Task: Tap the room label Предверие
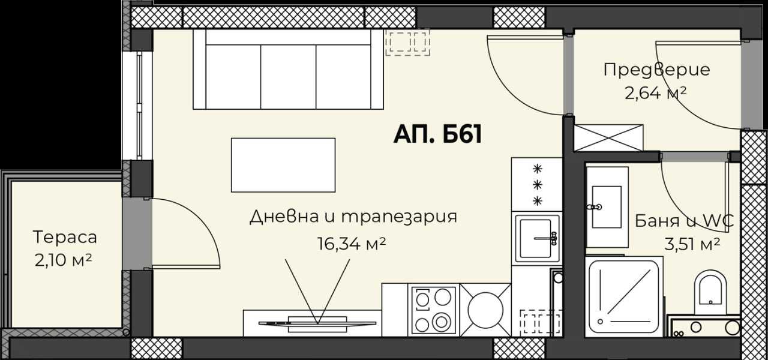pos(656,70)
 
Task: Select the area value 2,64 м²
pos(656,93)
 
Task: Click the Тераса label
pos(65,237)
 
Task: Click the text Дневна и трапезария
pos(353,217)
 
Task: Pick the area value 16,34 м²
pos(350,243)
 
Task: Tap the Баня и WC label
pos(684,221)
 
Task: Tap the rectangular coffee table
pos(283,165)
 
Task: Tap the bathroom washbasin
pos(606,206)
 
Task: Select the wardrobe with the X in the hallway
pos(608,137)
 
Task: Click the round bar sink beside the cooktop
pos(485,310)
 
